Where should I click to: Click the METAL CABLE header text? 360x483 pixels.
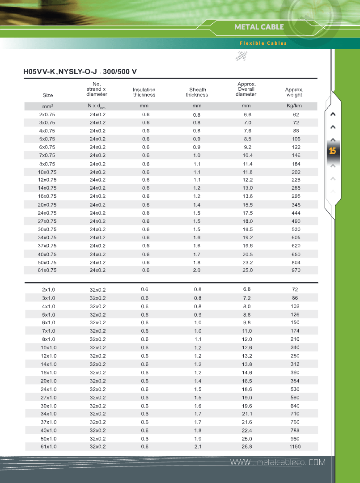point(259,27)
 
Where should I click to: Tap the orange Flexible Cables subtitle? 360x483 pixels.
point(263,43)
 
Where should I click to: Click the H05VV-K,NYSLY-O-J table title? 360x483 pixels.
point(80,71)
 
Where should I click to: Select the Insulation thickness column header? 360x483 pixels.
point(144,92)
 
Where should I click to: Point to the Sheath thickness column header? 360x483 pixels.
point(197,92)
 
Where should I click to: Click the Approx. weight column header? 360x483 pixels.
point(294,92)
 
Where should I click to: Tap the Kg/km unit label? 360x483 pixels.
point(294,106)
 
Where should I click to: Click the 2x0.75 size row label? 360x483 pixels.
point(47,114)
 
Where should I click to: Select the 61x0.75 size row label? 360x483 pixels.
point(47,270)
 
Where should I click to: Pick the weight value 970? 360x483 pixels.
point(296,270)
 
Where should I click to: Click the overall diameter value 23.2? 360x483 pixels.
point(247,263)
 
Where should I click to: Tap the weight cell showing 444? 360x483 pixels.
point(296,213)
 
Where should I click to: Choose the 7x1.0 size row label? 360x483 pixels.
point(48,331)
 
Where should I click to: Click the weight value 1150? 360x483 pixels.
point(295,446)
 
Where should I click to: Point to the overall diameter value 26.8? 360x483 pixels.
point(247,446)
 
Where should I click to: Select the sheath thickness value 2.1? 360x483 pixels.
point(198,446)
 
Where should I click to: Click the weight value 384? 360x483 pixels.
point(295,381)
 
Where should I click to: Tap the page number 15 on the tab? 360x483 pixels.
point(332,151)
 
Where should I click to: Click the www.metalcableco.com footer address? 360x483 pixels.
point(278,462)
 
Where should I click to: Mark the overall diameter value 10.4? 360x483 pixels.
point(247,155)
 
